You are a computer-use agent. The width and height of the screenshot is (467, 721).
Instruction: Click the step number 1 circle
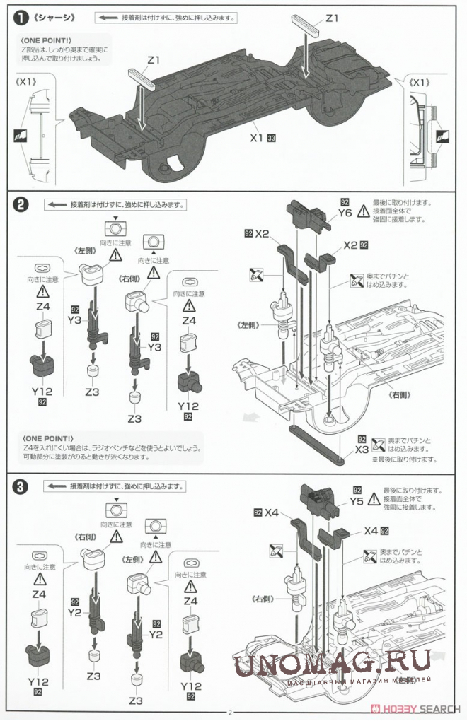pyautogui.click(x=22, y=18)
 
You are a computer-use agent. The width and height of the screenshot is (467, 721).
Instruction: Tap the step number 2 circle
pyautogui.click(x=22, y=205)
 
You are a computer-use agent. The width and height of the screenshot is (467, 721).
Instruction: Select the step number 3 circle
pyautogui.click(x=22, y=486)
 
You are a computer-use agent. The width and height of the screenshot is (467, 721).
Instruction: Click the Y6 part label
pyautogui.click(x=345, y=212)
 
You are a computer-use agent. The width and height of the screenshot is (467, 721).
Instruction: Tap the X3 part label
pyautogui.click(x=362, y=449)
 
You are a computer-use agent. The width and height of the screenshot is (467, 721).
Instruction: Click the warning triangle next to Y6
pyautogui.click(x=364, y=210)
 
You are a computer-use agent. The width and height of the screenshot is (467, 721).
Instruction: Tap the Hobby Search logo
pyautogui.click(x=417, y=709)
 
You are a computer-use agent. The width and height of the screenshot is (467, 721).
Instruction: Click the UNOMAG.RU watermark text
pyautogui.click(x=332, y=664)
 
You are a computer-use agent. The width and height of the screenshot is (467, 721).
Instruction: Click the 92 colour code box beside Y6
pyautogui.click(x=345, y=201)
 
